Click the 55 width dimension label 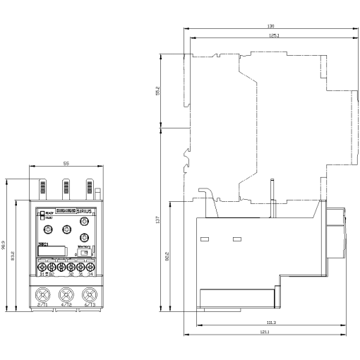[66, 164]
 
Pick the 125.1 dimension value [270, 35]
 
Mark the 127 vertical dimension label [158, 220]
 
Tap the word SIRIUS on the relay [86, 210]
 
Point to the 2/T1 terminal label [43, 305]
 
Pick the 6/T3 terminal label [88, 305]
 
